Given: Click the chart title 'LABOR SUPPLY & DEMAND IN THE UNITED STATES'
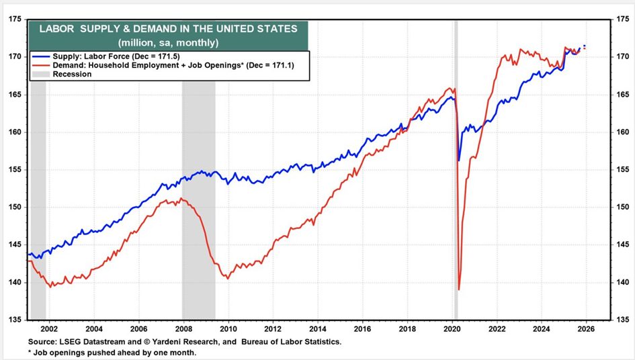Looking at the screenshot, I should tap(168, 29).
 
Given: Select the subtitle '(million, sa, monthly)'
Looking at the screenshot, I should tap(168, 43).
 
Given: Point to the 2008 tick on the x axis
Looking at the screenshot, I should tap(183, 330).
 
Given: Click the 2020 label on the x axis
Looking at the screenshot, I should tap(452, 330).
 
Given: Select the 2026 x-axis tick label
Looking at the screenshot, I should tap(586, 330).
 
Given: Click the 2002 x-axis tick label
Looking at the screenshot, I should tap(49, 330).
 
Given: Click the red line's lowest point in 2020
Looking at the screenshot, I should tap(459, 289).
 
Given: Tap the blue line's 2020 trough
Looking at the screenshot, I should tap(459, 161).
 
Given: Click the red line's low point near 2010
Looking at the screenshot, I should tap(228, 278).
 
